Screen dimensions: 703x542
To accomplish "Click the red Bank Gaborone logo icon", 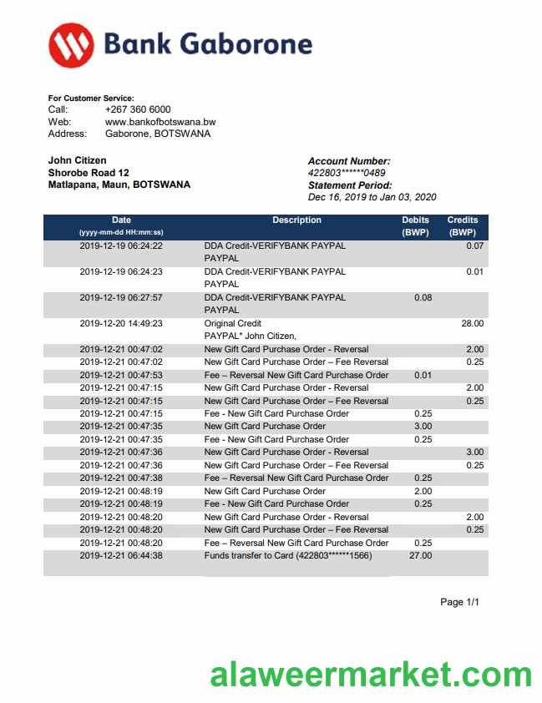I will coord(71,45).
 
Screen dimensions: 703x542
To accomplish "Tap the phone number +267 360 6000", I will coord(138,109).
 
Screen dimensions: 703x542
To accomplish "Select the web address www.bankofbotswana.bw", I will coord(160,122).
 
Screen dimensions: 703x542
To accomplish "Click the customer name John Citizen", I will coord(78,160).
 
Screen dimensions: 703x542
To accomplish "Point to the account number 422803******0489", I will coord(347,174).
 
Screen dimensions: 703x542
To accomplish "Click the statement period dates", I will coord(372,198).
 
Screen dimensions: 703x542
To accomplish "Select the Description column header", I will coord(296,220).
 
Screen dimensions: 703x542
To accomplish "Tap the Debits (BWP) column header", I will coord(416,226).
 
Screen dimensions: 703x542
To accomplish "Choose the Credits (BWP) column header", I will coord(462,226).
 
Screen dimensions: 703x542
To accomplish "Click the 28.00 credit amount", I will coord(472,323).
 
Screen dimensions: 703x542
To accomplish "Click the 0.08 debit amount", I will coord(423,297).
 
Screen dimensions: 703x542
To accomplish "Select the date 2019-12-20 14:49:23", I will coord(121,323).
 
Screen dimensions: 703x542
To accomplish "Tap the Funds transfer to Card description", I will coord(288,555).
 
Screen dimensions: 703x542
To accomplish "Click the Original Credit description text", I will coord(233,323).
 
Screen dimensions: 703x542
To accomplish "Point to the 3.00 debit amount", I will coord(423,427).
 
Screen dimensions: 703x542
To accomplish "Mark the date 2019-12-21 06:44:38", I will coord(121,555).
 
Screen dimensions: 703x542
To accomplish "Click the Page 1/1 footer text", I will coord(460,602).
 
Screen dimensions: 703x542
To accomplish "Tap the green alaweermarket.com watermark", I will coord(371,675).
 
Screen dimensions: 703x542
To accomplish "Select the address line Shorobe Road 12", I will coord(89,173).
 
